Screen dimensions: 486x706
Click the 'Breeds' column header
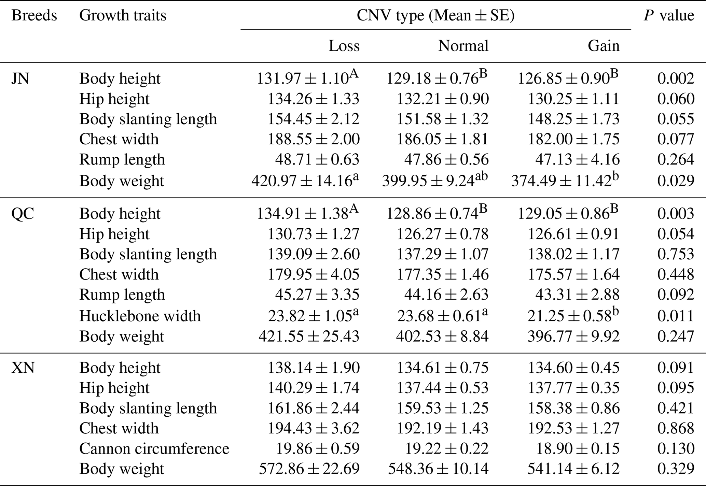[x=34, y=16]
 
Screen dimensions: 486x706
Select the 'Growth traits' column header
[x=123, y=16]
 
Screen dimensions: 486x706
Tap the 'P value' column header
[x=669, y=16]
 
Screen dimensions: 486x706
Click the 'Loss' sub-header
[x=344, y=46]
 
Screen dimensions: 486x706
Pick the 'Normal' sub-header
[x=463, y=46]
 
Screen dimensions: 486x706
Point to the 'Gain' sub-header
[x=604, y=46]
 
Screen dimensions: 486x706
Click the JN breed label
[x=20, y=78]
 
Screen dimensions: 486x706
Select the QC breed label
[x=23, y=214]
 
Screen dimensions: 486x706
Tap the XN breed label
[x=23, y=368]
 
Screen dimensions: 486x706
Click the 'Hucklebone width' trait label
[x=140, y=316]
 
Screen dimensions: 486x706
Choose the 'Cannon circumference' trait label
[x=154, y=448]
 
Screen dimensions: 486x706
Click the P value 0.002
[x=676, y=78]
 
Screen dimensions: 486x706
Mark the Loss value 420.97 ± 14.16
[x=305, y=181]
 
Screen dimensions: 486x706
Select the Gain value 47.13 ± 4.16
[x=577, y=159]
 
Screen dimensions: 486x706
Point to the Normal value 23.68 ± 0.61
[x=442, y=316]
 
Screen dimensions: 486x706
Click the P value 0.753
[x=676, y=254]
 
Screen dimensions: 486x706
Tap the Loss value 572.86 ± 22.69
[x=309, y=469]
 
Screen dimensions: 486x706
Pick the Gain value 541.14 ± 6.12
[x=573, y=469]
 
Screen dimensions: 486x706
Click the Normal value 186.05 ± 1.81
[x=442, y=139]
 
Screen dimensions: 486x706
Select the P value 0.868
[x=676, y=428]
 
